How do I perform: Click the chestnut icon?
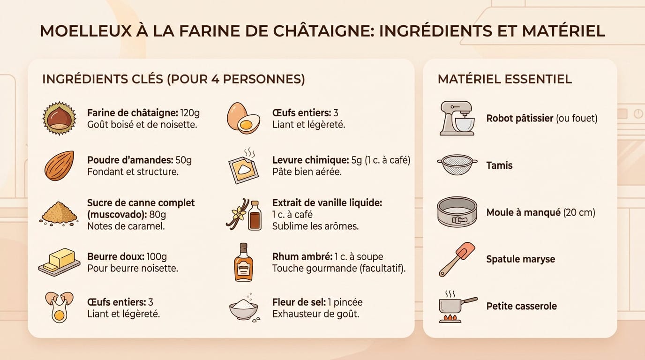(x=59, y=118)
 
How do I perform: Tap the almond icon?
(x=59, y=165)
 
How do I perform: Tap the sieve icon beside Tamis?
(x=457, y=165)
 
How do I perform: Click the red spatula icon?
(x=457, y=259)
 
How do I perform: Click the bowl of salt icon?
(x=243, y=309)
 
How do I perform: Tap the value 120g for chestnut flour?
(x=190, y=113)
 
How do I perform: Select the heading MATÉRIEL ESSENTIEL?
(x=504, y=79)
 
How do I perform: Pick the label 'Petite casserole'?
(x=521, y=307)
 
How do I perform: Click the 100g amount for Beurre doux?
(x=157, y=257)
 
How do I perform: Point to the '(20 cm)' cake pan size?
(x=579, y=213)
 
